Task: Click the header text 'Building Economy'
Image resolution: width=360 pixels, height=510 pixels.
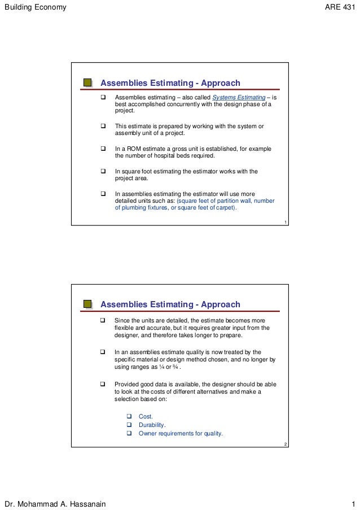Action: tap(36, 7)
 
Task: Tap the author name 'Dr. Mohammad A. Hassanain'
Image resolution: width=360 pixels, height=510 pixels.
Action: tap(55, 503)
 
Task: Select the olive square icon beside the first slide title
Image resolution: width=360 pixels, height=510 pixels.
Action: tap(87, 83)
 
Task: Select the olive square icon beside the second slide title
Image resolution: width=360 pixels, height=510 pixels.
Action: tap(87, 304)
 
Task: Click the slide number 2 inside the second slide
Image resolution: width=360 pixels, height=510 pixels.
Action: tap(286, 445)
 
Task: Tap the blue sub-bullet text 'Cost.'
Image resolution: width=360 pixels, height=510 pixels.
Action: tap(146, 417)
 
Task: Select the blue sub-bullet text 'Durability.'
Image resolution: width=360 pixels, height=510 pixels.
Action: tap(152, 425)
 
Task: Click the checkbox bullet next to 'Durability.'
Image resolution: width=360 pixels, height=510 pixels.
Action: tap(128, 425)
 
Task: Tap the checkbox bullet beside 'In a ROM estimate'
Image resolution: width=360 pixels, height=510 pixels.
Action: tap(103, 149)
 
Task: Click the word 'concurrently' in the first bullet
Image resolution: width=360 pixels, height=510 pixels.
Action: tap(189, 104)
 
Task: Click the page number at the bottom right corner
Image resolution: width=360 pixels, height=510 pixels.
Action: tap(353, 503)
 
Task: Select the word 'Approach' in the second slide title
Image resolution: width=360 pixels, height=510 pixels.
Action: tap(220, 304)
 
